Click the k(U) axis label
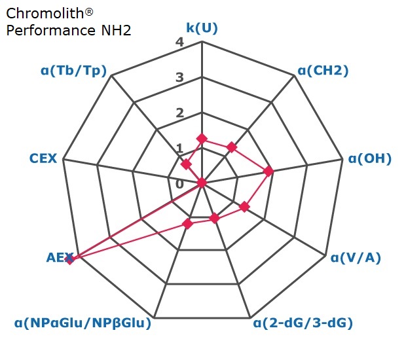coord(202,28)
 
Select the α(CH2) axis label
coord(323,71)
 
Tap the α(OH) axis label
coord(370,158)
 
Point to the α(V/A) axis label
coord(356,257)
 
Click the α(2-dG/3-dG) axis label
coord(303,323)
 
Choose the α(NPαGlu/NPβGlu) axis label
coord(83,323)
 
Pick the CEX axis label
coord(43,158)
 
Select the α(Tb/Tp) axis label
coord(73,71)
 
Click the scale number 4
coord(179,42)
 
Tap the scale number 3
coord(179,77)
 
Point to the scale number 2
coord(179,113)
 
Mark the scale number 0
coord(179,185)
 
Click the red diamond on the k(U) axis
coord(202,139)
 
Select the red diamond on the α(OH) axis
coord(268,171)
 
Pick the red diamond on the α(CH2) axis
coord(232,147)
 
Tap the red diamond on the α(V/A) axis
coord(244,207)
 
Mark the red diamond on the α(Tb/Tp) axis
coord(186,164)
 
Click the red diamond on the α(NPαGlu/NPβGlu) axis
coord(188,224)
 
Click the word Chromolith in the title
coord(45,13)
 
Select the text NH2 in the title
coord(117,30)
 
